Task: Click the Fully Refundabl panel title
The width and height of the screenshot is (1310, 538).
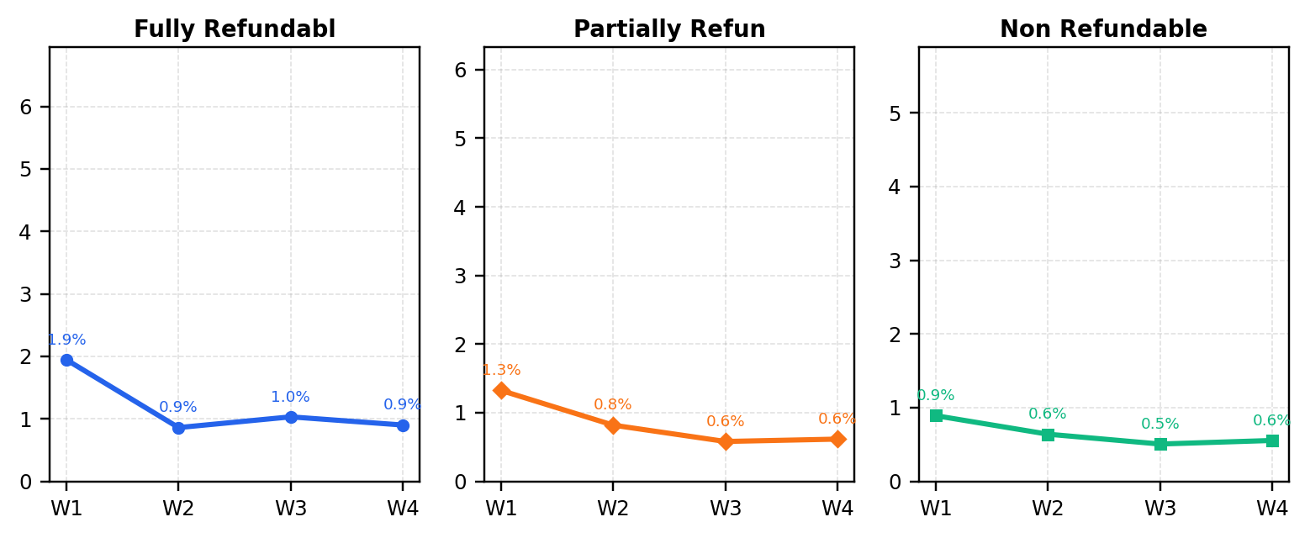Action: pyautogui.click(x=235, y=29)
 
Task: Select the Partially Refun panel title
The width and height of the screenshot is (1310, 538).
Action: pyautogui.click(x=669, y=29)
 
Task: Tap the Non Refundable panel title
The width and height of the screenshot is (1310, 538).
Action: pyautogui.click(x=1103, y=29)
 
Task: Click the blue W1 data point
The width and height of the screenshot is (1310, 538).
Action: pyautogui.click(x=66, y=361)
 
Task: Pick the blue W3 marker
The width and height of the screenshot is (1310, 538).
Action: pyautogui.click(x=291, y=417)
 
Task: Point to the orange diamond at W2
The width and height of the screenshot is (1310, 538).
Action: pyautogui.click(x=613, y=425)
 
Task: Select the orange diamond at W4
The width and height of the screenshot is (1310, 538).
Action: pyautogui.click(x=837, y=439)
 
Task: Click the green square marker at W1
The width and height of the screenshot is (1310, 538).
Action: pyautogui.click(x=937, y=416)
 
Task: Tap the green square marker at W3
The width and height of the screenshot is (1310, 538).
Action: pyautogui.click(x=1161, y=444)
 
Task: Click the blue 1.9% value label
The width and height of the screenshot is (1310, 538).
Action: pyautogui.click(x=66, y=340)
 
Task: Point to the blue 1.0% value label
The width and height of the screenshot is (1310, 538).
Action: pyautogui.click(x=290, y=397)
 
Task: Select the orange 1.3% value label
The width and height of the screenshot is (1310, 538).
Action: pyautogui.click(x=501, y=370)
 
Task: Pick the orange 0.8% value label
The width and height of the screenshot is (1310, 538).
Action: pyautogui.click(x=612, y=404)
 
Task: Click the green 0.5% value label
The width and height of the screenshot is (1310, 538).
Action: pyautogui.click(x=1160, y=424)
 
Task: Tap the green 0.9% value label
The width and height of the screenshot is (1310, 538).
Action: pyautogui.click(x=936, y=395)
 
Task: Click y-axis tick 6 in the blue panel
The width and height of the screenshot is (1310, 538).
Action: pyautogui.click(x=26, y=107)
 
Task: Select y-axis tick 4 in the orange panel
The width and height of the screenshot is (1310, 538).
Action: pyautogui.click(x=460, y=207)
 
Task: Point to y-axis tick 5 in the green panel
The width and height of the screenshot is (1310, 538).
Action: pyautogui.click(x=895, y=113)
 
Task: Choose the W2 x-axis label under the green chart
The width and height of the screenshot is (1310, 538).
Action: pyautogui.click(x=1048, y=509)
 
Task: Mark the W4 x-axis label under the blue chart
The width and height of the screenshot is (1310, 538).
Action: pyautogui.click(x=403, y=509)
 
